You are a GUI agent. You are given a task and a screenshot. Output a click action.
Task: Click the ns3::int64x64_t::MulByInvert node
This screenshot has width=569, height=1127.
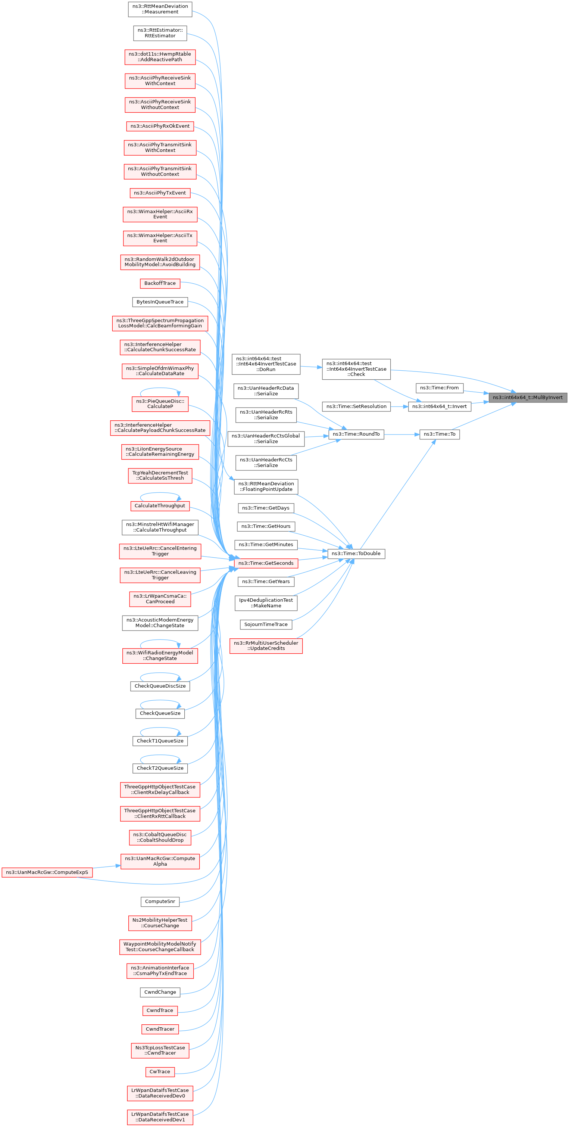click(x=528, y=397)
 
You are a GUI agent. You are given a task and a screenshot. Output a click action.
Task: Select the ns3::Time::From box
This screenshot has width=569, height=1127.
click(x=439, y=387)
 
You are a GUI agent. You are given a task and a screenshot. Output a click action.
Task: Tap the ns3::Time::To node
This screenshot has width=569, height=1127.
click(x=439, y=434)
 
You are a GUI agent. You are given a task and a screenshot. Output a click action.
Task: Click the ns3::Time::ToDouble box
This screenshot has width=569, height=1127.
click(x=356, y=554)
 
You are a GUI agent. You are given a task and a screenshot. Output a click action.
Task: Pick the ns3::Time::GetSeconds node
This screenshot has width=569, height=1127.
click(x=266, y=563)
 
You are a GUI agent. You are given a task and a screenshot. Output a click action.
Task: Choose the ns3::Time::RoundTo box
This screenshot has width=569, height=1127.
click(x=356, y=434)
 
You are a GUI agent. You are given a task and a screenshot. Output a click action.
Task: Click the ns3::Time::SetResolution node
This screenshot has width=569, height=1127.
click(x=356, y=407)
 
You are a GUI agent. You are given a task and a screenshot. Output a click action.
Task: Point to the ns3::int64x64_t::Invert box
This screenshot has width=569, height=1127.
click(x=439, y=407)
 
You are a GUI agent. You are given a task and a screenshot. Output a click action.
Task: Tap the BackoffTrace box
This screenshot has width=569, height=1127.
click(x=160, y=283)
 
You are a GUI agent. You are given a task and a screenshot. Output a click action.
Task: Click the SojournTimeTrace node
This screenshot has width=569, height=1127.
click(x=266, y=624)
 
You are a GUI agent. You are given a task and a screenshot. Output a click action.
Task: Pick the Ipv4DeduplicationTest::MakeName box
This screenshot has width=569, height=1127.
click(x=266, y=603)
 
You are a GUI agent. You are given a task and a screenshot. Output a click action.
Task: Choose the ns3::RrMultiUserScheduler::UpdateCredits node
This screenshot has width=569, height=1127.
click(x=266, y=645)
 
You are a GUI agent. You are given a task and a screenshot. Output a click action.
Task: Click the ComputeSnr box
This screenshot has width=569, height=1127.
click(x=160, y=901)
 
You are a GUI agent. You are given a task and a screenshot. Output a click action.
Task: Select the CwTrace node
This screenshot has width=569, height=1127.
click(x=160, y=1071)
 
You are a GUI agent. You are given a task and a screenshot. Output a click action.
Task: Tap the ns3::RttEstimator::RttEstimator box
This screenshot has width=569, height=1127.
click(x=160, y=33)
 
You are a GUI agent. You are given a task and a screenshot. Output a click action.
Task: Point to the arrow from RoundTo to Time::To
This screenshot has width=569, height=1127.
click(x=401, y=435)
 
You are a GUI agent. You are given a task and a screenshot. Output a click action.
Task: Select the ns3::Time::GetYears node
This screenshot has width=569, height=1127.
click(x=266, y=582)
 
